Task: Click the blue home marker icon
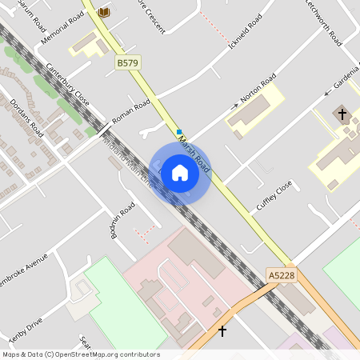[180, 172]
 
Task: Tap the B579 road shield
[127, 62]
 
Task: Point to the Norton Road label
[258, 86]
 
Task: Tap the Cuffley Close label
[274, 194]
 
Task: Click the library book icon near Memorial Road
[104, 13]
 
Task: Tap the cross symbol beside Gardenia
[342, 114]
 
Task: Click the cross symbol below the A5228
[222, 330]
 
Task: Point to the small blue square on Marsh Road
[179, 131]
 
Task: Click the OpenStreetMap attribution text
[80, 354]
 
